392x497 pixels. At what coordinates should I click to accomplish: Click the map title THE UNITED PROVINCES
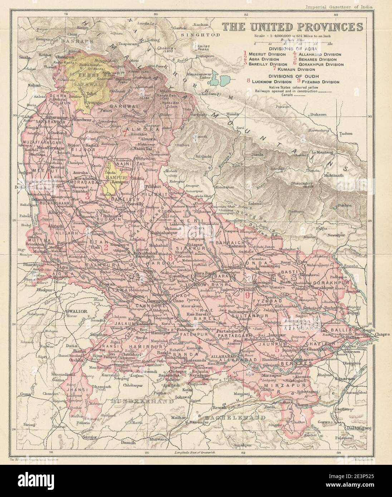pyautogui.click(x=292, y=27)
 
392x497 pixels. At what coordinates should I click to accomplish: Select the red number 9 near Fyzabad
pyautogui.click(x=248, y=295)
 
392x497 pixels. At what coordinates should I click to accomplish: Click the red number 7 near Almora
pyautogui.click(x=124, y=134)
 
